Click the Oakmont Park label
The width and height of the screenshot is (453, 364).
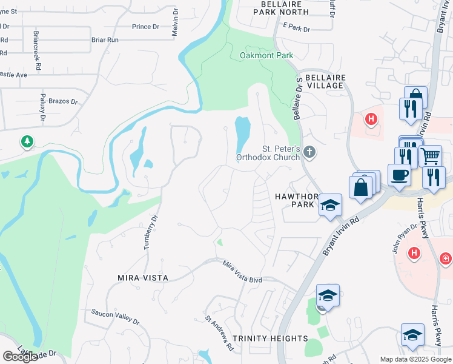click(266, 55)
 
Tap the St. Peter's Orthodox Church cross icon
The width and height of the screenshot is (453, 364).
click(309, 152)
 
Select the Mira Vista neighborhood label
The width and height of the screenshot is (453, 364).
click(142, 277)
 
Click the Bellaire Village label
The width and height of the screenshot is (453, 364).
click(324, 82)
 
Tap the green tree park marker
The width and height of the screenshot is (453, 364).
click(27, 142)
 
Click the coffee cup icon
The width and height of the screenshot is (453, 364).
click(399, 175)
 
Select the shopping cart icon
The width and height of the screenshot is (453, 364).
click(430, 156)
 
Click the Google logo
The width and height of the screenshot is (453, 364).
click(20, 356)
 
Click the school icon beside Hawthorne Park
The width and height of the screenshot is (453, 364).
click(330, 206)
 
